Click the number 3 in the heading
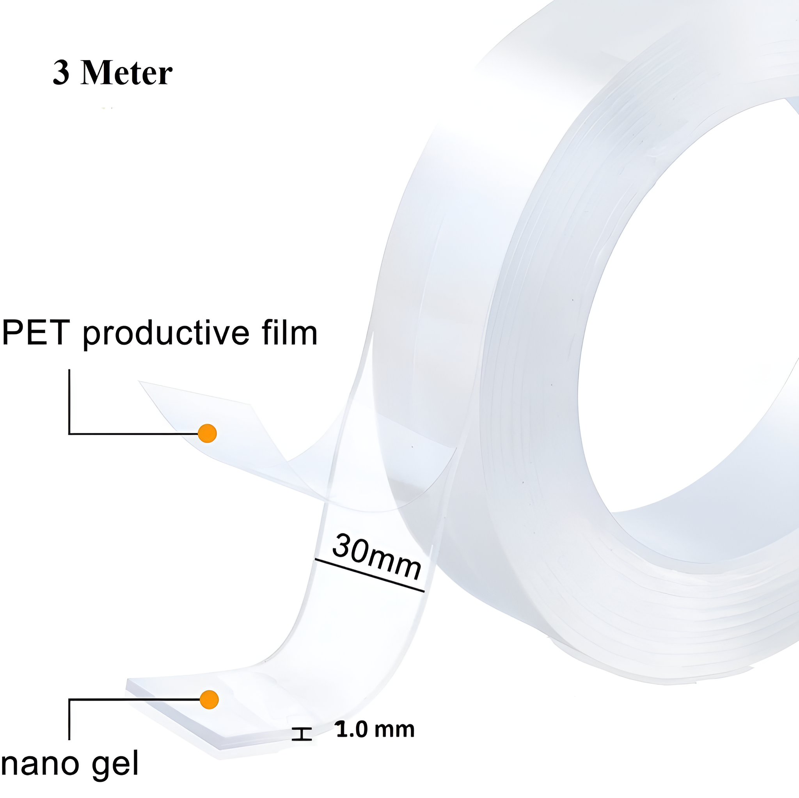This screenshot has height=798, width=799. point(61,73)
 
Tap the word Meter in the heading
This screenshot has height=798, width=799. point(126,73)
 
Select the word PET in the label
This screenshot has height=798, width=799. point(36,333)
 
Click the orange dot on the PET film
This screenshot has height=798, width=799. point(207,433)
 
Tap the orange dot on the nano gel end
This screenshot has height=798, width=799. point(209,700)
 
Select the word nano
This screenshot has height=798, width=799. point(40,764)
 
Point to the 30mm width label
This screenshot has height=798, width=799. point(377,556)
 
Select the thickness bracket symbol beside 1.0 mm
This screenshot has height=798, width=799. point(302,734)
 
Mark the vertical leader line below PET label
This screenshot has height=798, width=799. point(69,401)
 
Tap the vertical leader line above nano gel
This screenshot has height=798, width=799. point(69,720)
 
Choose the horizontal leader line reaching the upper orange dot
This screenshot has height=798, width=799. point(133,434)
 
